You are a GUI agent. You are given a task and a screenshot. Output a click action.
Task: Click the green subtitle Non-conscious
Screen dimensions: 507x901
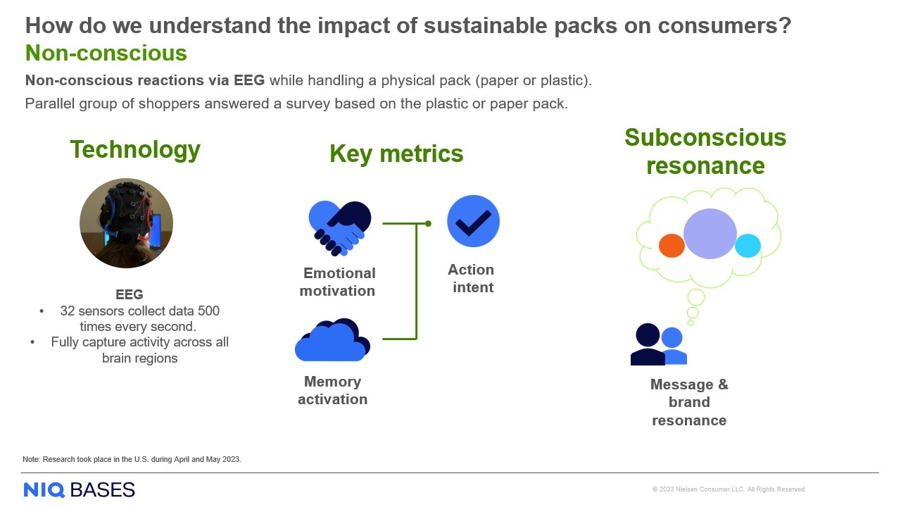coord(106,53)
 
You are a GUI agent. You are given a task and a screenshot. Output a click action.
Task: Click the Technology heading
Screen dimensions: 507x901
coord(135,149)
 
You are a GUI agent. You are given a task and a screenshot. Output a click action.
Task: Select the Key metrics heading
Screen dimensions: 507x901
coord(396,154)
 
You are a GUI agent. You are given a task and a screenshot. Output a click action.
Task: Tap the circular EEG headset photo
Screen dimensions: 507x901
coord(127,223)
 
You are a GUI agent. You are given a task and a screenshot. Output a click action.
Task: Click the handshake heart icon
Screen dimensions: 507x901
coord(340,227)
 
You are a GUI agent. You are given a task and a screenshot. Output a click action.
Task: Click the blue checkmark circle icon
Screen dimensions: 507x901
coord(473,221)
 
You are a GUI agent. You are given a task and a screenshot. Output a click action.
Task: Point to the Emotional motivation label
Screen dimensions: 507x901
coord(338,282)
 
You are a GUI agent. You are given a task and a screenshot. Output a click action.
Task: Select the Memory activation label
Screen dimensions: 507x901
coord(332,390)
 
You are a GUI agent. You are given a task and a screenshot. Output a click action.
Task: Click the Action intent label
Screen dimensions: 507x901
coord(472,278)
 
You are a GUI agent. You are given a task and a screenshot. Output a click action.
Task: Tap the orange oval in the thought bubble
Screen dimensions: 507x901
coord(672,246)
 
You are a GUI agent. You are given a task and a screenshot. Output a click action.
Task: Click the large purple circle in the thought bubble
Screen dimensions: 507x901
coord(710,234)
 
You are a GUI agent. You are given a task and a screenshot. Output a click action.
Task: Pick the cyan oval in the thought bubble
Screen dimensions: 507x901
coord(748,246)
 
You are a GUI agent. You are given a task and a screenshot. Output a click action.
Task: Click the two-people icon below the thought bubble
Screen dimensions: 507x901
coord(658,344)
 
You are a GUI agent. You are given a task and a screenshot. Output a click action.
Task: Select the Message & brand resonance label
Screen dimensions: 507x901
coord(689,402)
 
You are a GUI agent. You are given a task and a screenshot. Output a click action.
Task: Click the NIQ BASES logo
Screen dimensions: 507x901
coord(79,489)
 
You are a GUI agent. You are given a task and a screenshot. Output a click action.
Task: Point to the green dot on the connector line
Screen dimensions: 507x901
coord(428,223)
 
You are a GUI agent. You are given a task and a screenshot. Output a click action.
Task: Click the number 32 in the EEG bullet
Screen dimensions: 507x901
coord(68,311)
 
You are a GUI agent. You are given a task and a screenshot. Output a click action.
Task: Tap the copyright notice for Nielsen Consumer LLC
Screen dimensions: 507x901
coord(729,489)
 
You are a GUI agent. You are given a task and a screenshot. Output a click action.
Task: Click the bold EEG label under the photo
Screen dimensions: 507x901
coord(130,294)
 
